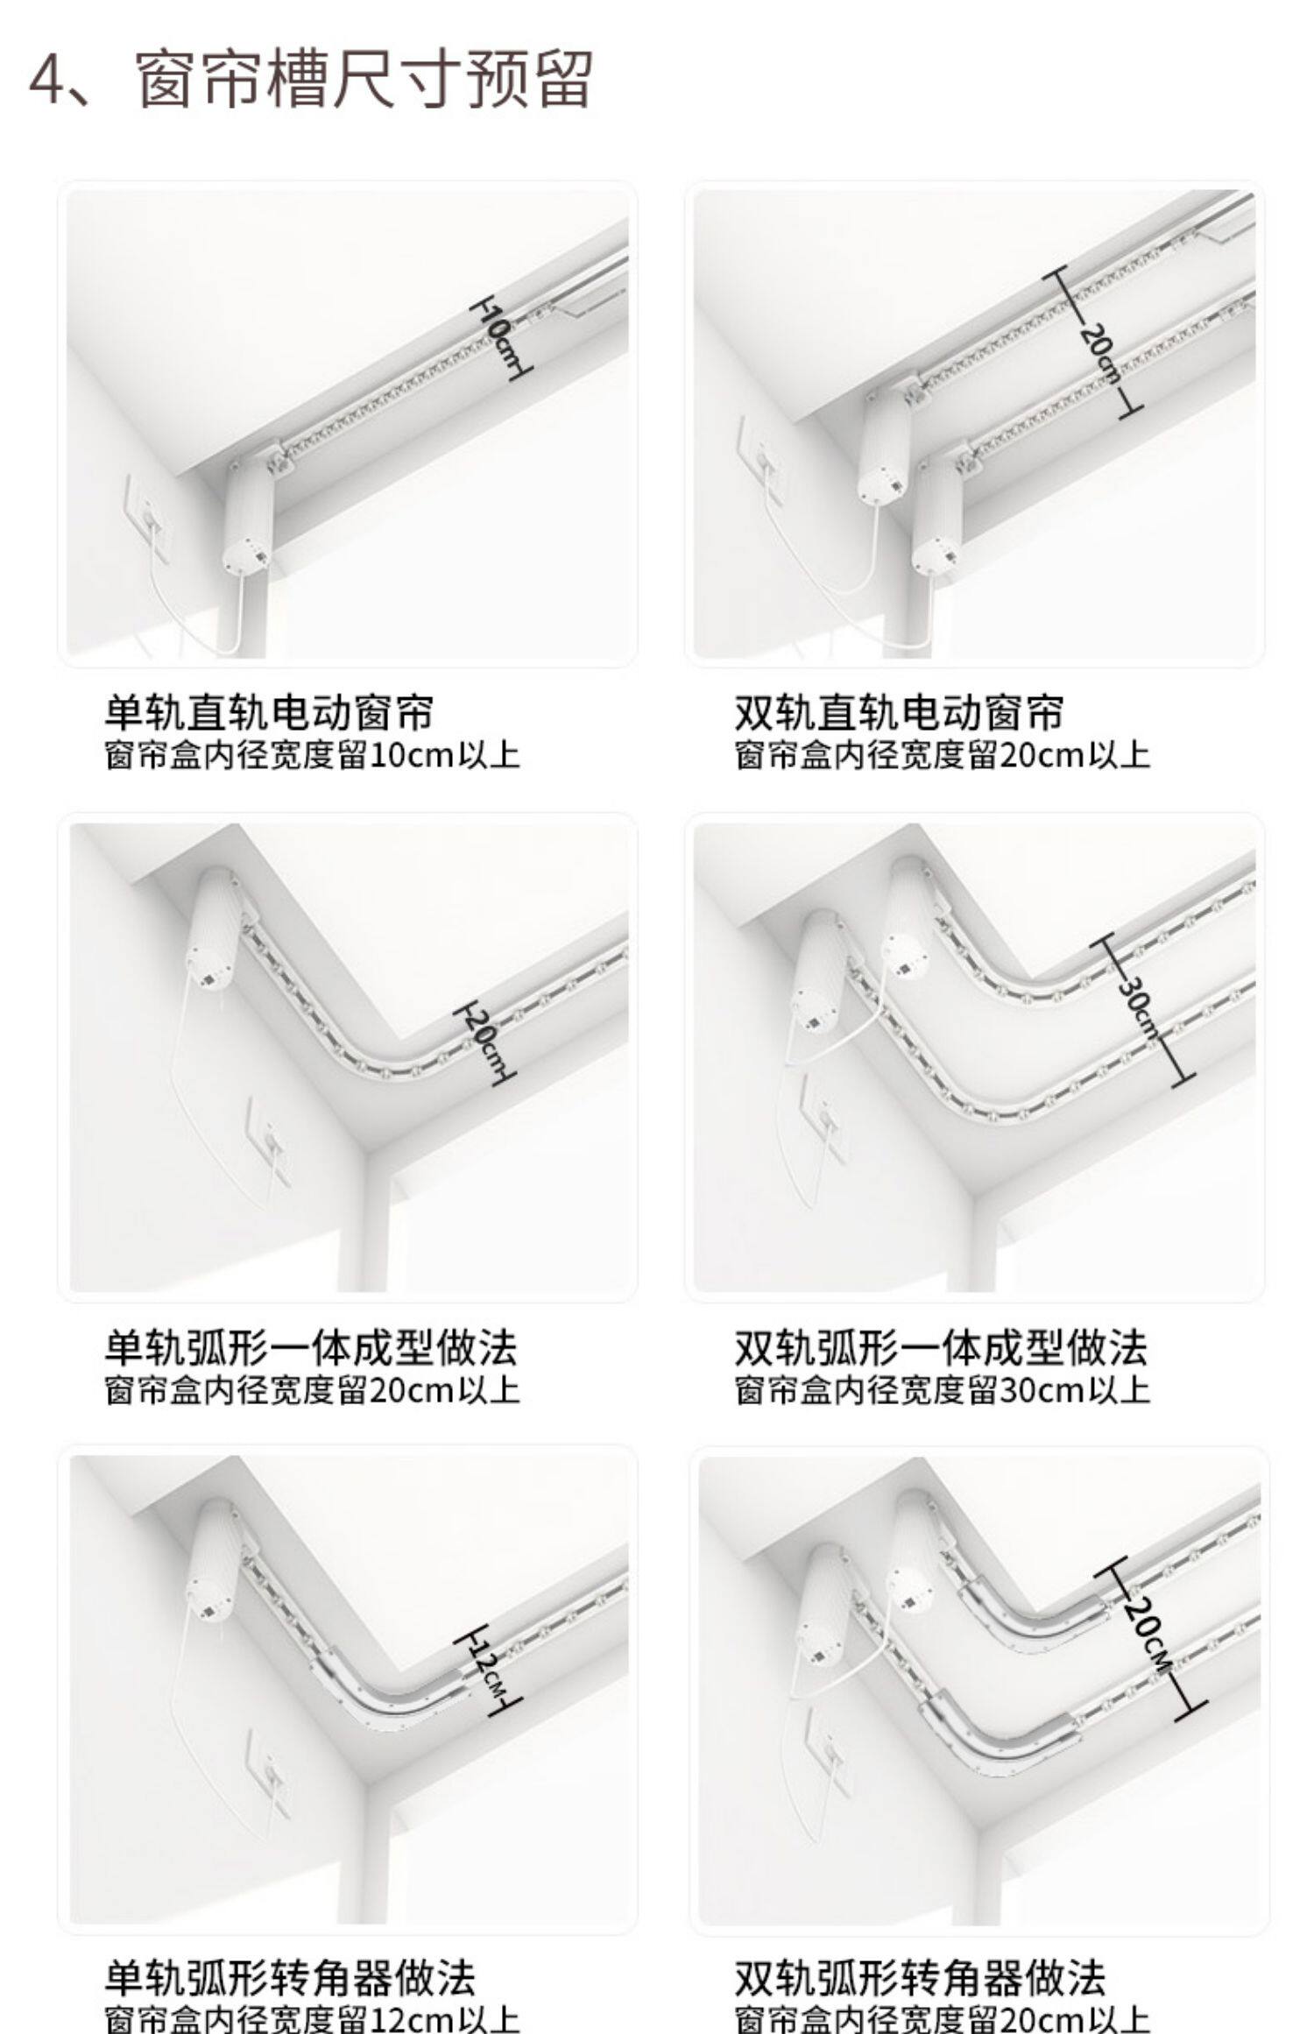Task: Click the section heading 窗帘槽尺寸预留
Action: tap(365, 80)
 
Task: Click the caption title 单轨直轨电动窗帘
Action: tap(269, 712)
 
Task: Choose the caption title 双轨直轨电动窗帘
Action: tap(899, 712)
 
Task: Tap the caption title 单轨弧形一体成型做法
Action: tap(311, 1347)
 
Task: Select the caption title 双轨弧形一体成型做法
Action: tap(941, 1347)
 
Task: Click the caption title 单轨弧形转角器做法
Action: tap(290, 1977)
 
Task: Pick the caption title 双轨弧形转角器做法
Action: tap(920, 1977)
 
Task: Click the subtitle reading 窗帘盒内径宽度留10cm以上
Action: tap(312, 755)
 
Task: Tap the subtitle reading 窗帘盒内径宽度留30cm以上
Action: tap(942, 1390)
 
